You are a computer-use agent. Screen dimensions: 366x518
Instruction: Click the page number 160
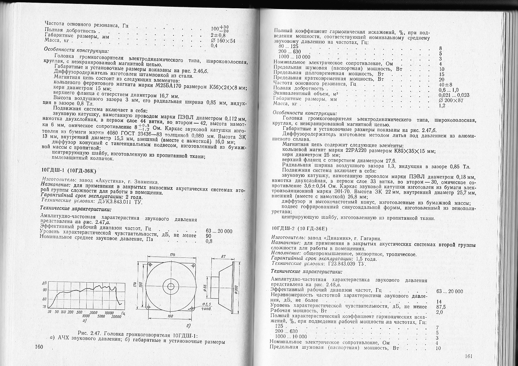coord(39,347)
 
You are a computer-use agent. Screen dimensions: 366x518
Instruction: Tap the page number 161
coord(469,356)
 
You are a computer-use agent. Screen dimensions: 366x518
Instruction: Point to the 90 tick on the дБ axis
coord(45,290)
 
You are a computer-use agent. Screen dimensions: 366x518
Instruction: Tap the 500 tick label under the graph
coord(79,312)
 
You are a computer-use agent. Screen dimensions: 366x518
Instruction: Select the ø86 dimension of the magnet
coord(205,287)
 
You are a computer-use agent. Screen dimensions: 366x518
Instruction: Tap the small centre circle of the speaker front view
coord(171,286)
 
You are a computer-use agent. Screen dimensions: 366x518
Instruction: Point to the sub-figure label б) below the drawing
coord(188,325)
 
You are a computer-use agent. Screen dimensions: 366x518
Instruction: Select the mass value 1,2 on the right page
coord(442,105)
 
